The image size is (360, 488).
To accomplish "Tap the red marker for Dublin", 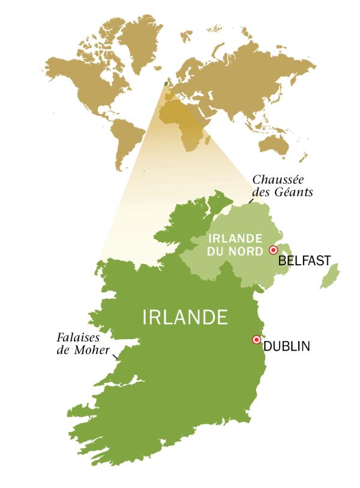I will coord(257,340).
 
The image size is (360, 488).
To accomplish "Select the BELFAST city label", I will coord(305,261).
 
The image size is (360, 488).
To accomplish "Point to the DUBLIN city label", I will coord(287,346).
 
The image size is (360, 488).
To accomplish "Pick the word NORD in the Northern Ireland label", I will coord(248,251).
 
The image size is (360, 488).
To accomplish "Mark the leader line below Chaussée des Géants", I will coord(250,202).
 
